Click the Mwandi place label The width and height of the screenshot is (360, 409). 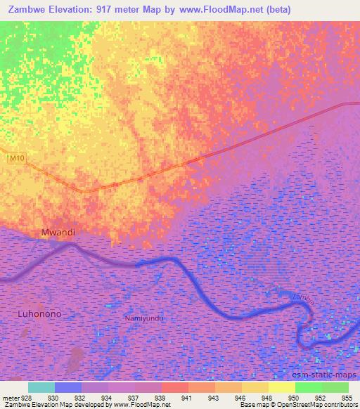point(58,232)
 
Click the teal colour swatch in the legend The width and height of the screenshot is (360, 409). point(41,387)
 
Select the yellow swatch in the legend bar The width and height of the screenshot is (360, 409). point(282,387)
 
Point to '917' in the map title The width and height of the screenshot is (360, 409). point(112,9)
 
